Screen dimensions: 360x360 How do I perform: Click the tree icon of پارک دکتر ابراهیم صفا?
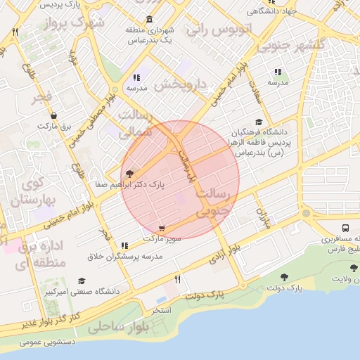[128, 173]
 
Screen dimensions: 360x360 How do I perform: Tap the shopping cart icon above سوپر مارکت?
[163, 229]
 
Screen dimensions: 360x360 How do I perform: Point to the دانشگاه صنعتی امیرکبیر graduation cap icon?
[82, 281]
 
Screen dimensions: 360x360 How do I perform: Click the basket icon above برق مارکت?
[54, 115]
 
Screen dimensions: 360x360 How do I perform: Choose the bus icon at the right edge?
[346, 229]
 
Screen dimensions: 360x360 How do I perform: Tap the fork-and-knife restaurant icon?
[177, 280]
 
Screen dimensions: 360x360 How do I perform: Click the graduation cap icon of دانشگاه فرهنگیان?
[259, 122]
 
